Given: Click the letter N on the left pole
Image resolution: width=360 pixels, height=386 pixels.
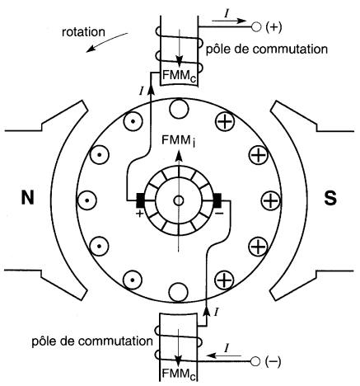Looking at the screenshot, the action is coord(28,198).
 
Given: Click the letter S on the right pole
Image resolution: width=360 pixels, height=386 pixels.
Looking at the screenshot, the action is coord(330,198).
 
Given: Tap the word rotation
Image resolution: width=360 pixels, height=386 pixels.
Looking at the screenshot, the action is coord(83,32).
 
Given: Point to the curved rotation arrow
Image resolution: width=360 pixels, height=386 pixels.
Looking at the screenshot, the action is coord(107,42).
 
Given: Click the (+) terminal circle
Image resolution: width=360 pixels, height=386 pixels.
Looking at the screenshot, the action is coord(256,27).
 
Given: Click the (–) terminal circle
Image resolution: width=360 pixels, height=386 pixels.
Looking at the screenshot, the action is coord(255,361).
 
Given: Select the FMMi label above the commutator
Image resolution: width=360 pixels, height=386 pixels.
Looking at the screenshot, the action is coord(179,141).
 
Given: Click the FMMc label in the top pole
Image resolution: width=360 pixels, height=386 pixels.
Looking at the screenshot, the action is coord(179,76).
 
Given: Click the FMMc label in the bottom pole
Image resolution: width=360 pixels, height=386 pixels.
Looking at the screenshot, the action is coord(179,374).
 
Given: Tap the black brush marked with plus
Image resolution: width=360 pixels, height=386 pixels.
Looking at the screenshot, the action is coord(140,200).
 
